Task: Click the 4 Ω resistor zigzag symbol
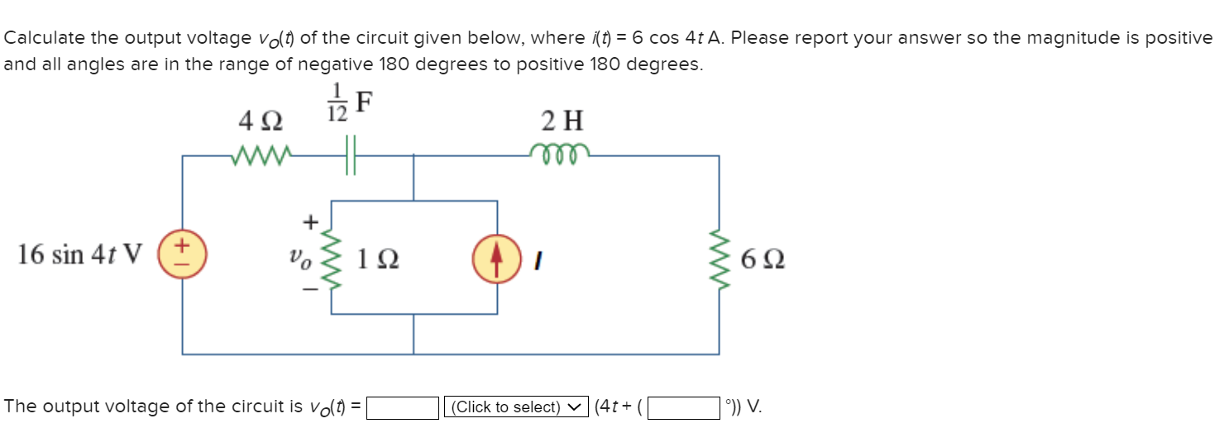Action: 261,155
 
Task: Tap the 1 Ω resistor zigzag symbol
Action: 332,257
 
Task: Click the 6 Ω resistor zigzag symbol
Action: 719,257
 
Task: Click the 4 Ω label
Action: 261,122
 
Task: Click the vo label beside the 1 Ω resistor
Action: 300,258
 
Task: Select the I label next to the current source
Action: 538,259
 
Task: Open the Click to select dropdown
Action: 516,407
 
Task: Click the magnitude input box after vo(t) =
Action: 402,407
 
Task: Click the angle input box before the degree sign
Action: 683,407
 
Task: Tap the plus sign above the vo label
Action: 311,221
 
